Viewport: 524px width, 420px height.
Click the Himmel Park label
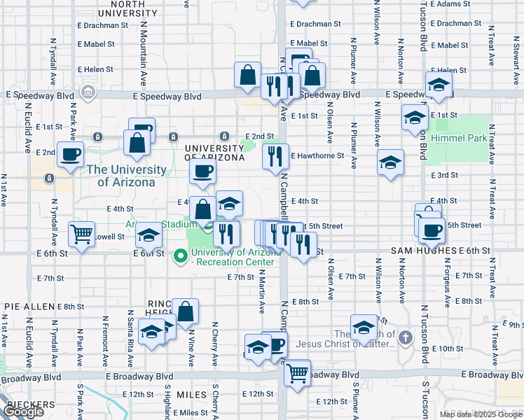pyautogui.click(x=462, y=139)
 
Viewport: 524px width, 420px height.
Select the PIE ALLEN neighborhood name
pyautogui.click(x=29, y=307)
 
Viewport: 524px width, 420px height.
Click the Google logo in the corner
pyautogui.click(x=23, y=412)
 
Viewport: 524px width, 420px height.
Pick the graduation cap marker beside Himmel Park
pyautogui.click(x=415, y=117)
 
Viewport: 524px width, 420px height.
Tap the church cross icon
pyautogui.click(x=405, y=339)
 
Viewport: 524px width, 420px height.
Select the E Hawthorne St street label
pyautogui.click(x=317, y=155)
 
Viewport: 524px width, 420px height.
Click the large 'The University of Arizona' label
pyautogui.click(x=127, y=176)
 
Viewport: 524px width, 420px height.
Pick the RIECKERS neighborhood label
pyautogui.click(x=29, y=405)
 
